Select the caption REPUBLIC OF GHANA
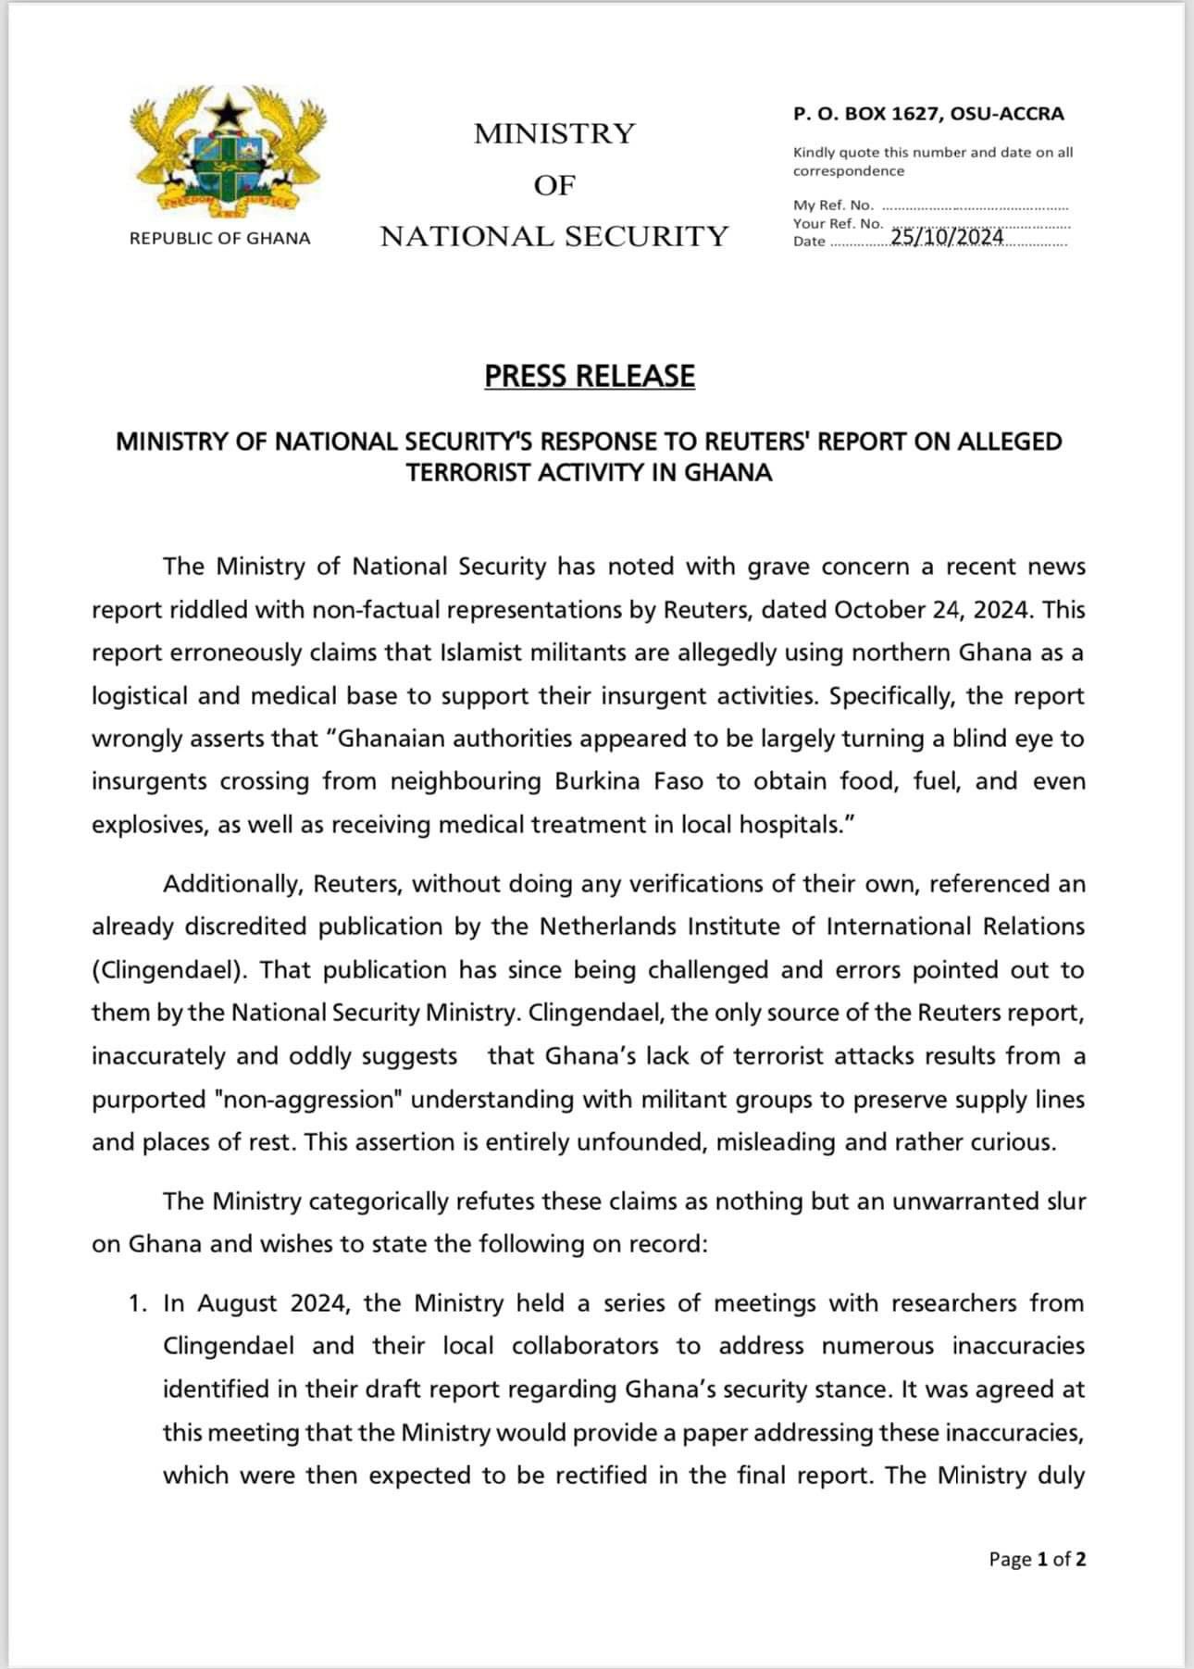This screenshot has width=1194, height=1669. (220, 239)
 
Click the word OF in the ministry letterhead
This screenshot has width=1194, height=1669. (554, 185)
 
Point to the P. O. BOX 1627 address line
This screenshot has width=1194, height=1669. (928, 114)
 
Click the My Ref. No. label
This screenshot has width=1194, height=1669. (833, 206)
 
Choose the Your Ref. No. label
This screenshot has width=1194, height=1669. (838, 224)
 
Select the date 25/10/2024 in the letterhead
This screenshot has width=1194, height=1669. (947, 238)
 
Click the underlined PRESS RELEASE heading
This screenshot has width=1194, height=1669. (590, 376)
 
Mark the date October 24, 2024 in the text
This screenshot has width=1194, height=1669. (932, 610)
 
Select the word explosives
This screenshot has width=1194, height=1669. (148, 825)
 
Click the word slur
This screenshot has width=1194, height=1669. (1064, 1202)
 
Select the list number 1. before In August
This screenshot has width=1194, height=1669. (138, 1304)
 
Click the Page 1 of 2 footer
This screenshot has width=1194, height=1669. (1037, 1559)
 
